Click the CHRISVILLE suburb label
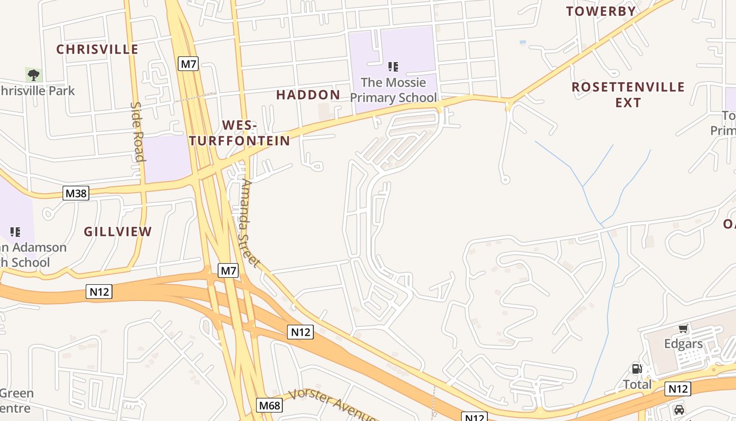tap(97, 49)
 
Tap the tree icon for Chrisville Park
tap(34, 75)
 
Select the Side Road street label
tap(137, 132)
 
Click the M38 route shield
tap(76, 193)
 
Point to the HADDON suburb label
tap(308, 95)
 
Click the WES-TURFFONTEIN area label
tap(240, 133)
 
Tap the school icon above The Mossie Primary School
tap(393, 67)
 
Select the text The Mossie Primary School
tap(393, 90)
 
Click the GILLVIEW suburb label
tap(118, 232)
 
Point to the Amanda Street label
tap(250, 224)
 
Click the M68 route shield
tap(269, 405)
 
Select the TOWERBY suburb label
tap(601, 11)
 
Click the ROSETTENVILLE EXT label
tap(628, 94)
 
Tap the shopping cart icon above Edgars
tap(683, 329)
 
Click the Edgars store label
tap(683, 344)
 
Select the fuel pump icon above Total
tap(637, 369)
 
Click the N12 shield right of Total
tap(677, 389)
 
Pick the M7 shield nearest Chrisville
tap(188, 64)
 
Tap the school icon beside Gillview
tap(15, 232)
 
